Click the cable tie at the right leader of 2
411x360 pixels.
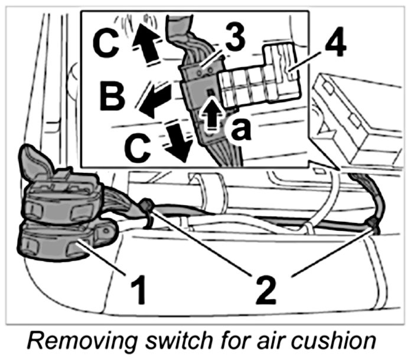coord(371,222)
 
